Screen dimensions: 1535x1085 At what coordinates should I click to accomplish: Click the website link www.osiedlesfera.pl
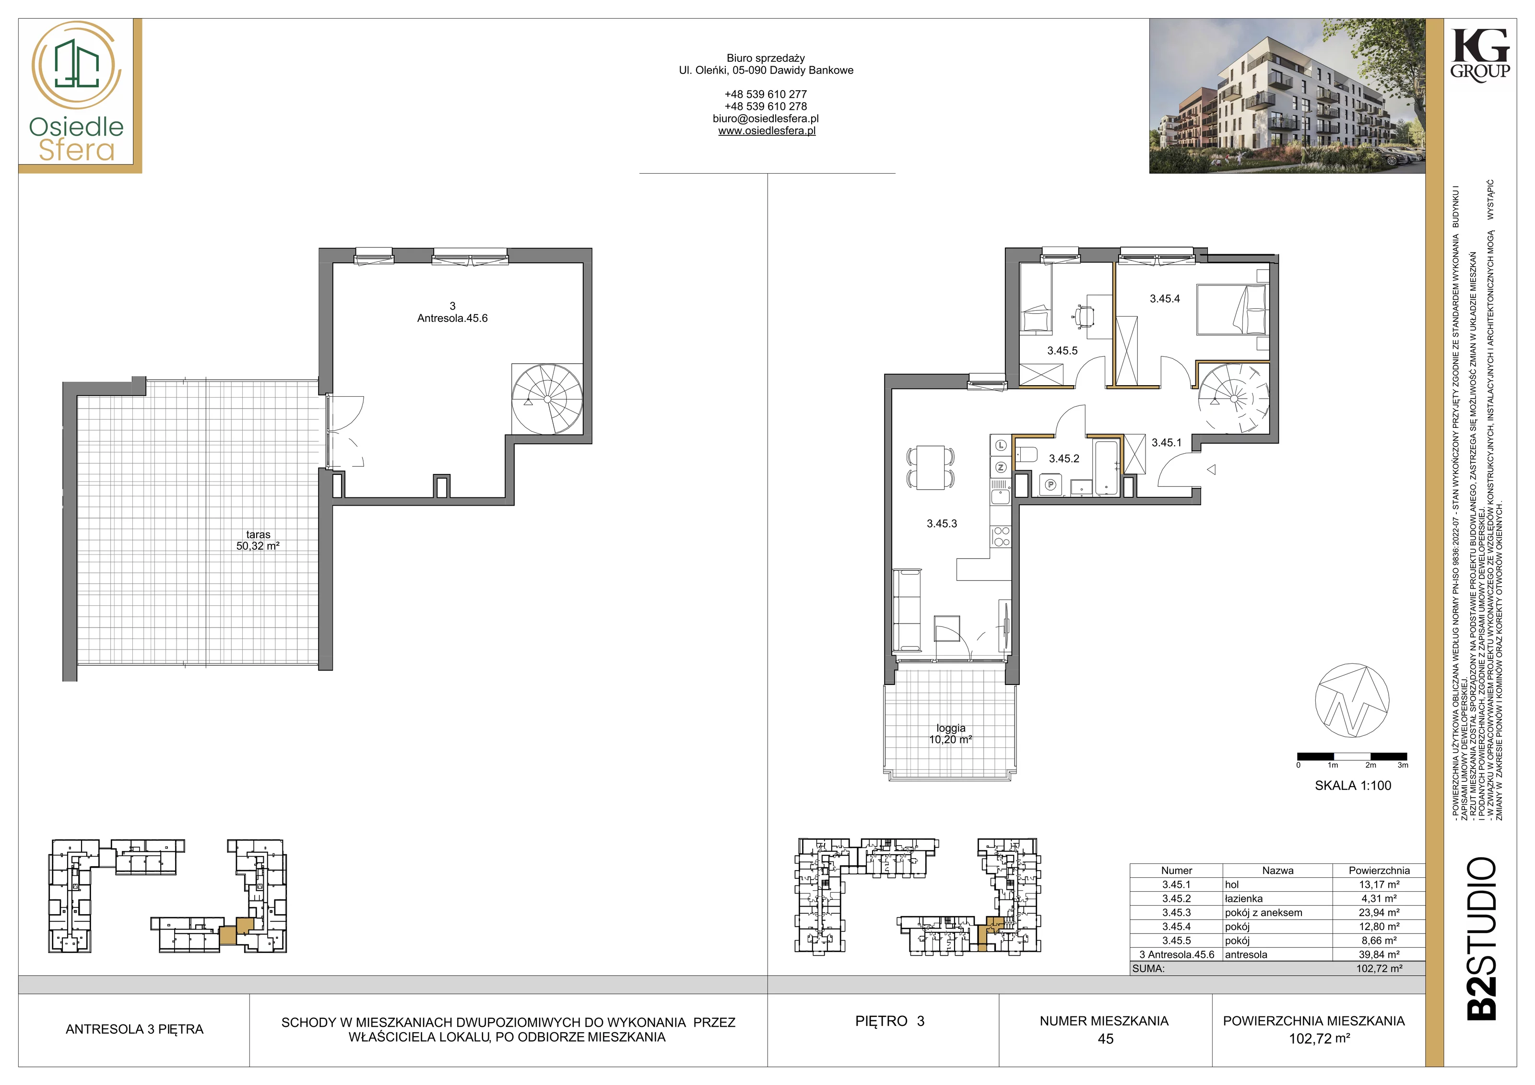767,131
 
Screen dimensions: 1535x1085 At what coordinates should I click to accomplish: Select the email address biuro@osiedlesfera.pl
766,118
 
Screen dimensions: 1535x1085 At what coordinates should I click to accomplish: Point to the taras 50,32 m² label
258,540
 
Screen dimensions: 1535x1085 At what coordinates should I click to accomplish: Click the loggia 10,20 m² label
951,734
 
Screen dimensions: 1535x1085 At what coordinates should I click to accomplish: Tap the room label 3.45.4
1165,299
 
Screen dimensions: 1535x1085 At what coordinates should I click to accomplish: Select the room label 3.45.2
1063,459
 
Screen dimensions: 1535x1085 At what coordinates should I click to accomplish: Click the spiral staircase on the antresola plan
547,399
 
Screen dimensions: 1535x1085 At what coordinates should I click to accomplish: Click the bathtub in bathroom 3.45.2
1107,467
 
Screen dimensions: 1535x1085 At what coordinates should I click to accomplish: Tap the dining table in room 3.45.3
931,467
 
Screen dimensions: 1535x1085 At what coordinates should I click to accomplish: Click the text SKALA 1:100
1353,786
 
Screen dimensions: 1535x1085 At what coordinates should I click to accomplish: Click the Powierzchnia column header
1379,871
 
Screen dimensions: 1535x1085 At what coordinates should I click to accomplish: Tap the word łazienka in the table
1243,898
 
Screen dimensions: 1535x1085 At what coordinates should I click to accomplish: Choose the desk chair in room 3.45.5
1084,316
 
